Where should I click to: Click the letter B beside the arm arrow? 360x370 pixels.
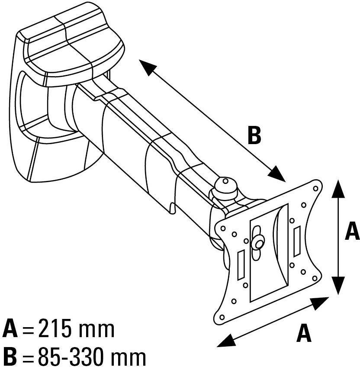[x=254, y=135]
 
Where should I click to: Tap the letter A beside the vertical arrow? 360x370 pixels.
[x=351, y=231]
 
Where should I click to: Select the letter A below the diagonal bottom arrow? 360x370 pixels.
[x=304, y=333]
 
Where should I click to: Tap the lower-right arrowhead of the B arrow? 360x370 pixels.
[x=277, y=174]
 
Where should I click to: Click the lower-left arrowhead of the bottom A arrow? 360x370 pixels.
[x=225, y=342]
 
